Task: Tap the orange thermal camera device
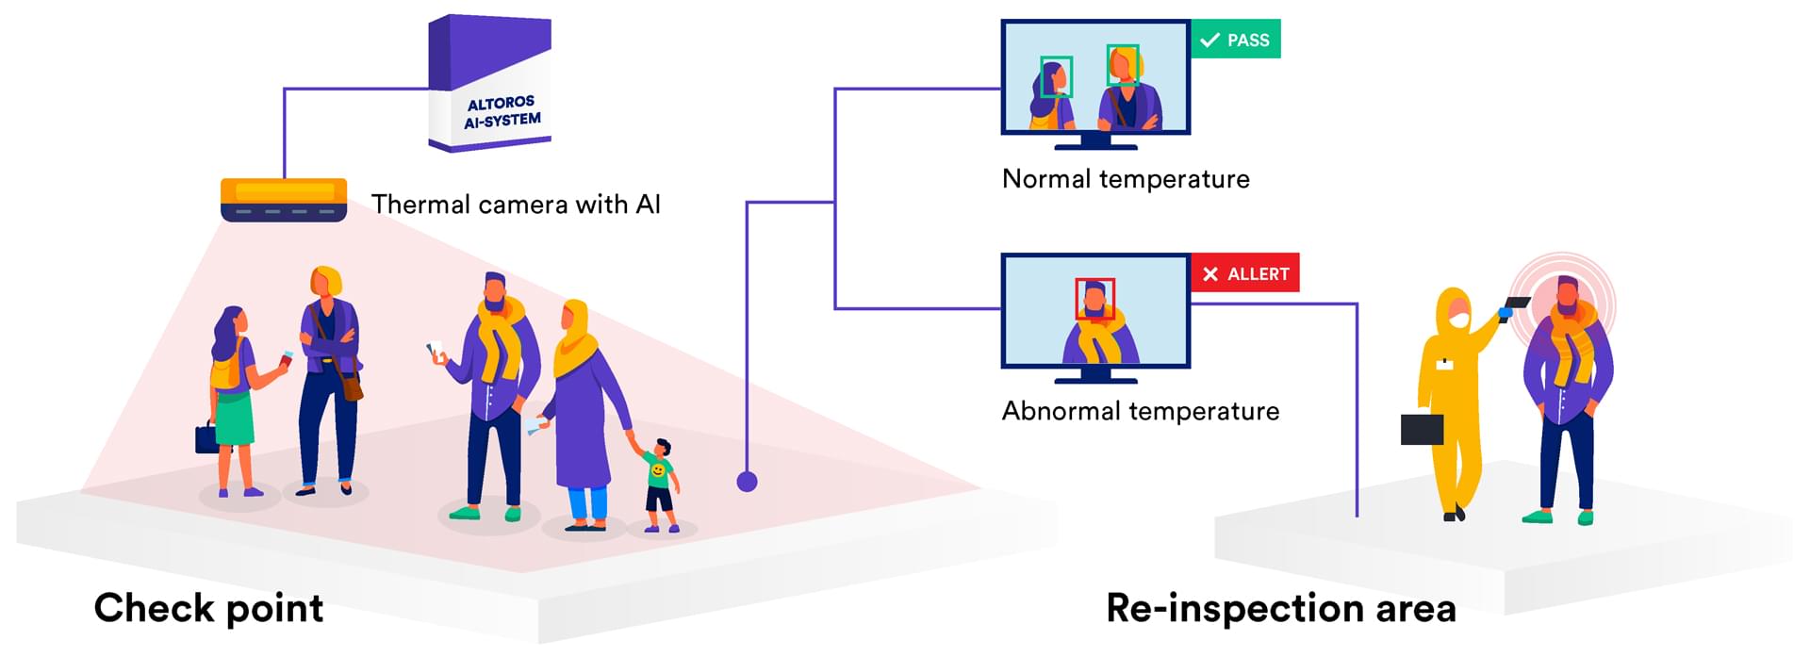pos(284,199)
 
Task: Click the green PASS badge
pos(1236,40)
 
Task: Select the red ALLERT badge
pos(1245,273)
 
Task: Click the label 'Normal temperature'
pos(1126,179)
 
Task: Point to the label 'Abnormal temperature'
pos(1140,411)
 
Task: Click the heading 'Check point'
pos(208,608)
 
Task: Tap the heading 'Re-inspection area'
pos(1280,608)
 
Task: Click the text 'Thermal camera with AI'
pos(516,205)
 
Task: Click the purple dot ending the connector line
pos(747,482)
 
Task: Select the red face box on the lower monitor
pos(1094,298)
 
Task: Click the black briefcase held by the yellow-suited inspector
pos(1422,429)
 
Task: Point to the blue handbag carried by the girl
pos(206,437)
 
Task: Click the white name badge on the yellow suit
pos(1443,363)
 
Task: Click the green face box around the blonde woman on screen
pos(1123,65)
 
